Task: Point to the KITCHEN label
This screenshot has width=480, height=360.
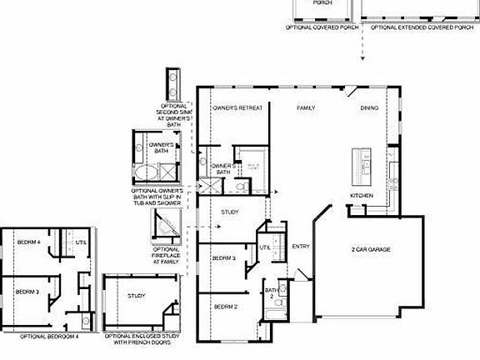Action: pyautogui.click(x=361, y=196)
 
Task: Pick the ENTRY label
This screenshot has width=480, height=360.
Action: pyautogui.click(x=301, y=246)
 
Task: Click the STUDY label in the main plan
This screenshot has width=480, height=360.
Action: pyautogui.click(x=230, y=213)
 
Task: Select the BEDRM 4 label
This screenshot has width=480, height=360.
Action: pyautogui.click(x=28, y=242)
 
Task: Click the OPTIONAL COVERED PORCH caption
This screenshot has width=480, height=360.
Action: pyautogui.click(x=323, y=27)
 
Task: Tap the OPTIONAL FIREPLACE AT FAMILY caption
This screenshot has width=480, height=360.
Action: pyautogui.click(x=166, y=256)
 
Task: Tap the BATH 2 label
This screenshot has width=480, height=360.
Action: pyautogui.click(x=271, y=294)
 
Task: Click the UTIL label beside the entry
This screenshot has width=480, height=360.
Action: pyautogui.click(x=265, y=247)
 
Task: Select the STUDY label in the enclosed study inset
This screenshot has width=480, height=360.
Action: pyautogui.click(x=137, y=296)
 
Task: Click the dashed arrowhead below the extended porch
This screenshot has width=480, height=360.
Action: pyautogui.click(x=362, y=59)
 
